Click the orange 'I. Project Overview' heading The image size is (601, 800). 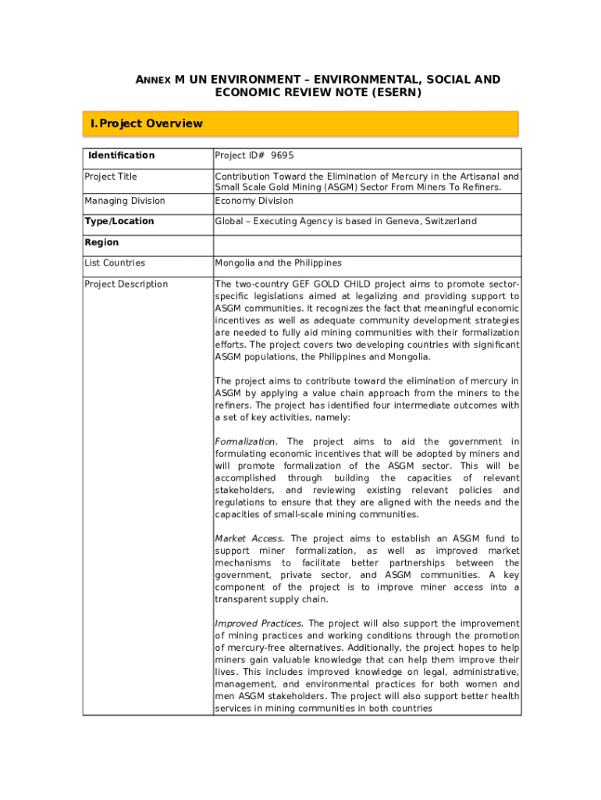[147, 123]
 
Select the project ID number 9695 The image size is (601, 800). [283, 155]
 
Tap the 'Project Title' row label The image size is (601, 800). [111, 177]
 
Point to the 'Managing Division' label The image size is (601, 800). [125, 201]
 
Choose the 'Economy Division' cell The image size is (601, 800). [254, 201]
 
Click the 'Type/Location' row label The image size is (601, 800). [119, 221]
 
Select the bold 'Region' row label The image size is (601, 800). [101, 242]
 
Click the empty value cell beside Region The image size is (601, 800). [367, 245]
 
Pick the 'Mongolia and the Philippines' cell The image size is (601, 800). [278, 263]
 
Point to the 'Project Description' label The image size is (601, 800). [126, 284]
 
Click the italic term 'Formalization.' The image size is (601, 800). [246, 442]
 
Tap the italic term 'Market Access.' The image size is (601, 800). [250, 539]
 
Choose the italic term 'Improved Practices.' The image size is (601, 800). [259, 623]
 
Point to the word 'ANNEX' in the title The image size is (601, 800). [154, 80]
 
